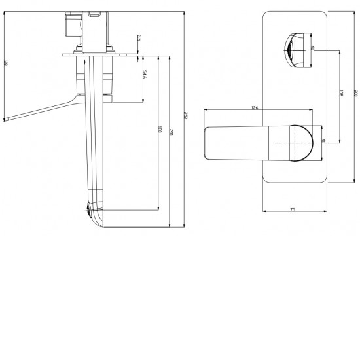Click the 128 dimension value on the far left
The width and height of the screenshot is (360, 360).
tap(6, 63)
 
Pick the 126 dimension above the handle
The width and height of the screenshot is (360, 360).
tap(255, 107)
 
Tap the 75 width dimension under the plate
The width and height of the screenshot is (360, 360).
tap(293, 209)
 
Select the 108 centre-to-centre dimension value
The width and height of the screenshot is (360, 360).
tap(340, 95)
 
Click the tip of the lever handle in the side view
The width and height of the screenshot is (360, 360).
tap(7, 119)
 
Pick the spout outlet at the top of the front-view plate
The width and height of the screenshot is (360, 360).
tap(294, 48)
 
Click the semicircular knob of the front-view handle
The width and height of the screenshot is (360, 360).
tap(302, 142)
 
